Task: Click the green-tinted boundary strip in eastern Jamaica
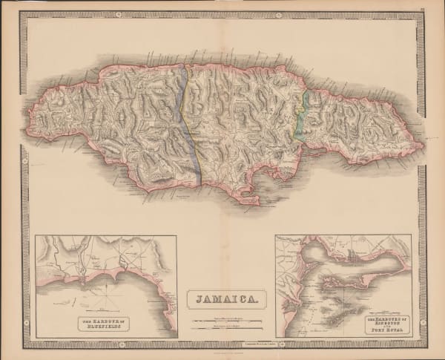pyautogui.click(x=303, y=115)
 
